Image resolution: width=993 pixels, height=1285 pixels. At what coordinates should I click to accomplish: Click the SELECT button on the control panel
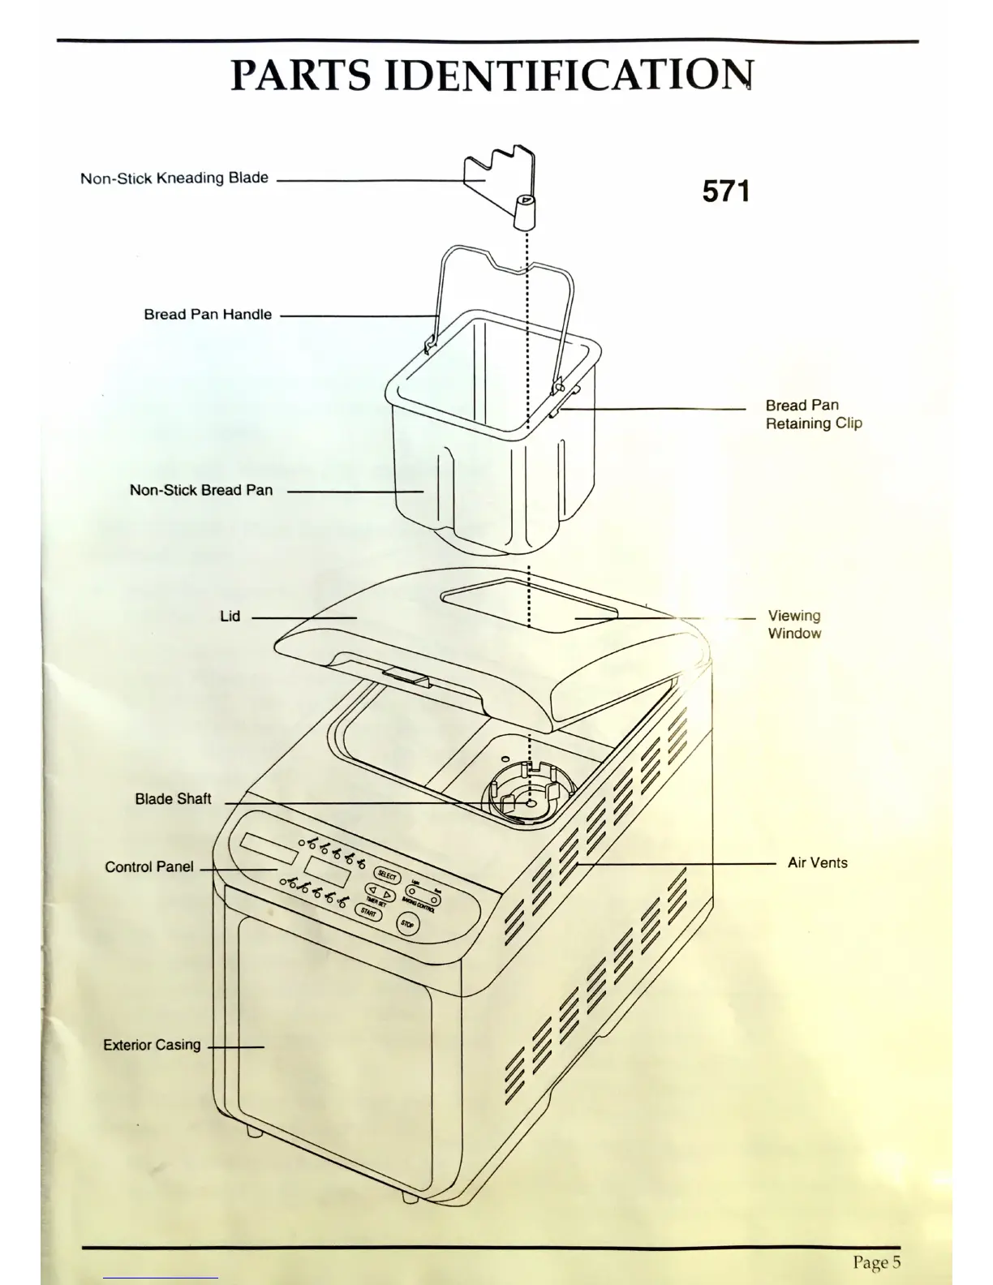[387, 876]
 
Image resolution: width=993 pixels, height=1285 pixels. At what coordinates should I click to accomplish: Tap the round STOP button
[407, 924]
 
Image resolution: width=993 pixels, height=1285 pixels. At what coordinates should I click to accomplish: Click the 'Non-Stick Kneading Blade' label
[174, 178]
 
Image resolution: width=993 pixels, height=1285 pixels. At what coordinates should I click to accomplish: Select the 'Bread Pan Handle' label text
[208, 315]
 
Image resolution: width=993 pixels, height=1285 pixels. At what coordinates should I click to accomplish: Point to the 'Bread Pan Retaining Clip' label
[813, 414]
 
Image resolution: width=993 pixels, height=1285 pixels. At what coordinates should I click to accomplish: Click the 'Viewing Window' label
[794, 625]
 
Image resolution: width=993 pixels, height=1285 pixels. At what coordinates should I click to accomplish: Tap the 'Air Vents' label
[817, 863]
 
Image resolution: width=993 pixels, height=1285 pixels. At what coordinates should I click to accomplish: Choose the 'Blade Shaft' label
[173, 799]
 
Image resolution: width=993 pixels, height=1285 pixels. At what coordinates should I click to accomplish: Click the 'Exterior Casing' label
[152, 1045]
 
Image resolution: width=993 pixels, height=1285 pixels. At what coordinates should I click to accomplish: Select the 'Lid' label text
[230, 617]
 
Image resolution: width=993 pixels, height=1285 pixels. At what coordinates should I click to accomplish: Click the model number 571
[726, 191]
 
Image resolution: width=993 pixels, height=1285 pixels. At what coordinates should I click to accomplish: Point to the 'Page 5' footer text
[876, 1262]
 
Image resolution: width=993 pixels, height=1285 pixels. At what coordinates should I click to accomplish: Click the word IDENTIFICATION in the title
[568, 75]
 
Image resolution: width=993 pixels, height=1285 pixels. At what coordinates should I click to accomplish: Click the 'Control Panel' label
[149, 867]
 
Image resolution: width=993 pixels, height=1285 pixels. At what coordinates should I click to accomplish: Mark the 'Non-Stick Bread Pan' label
[201, 490]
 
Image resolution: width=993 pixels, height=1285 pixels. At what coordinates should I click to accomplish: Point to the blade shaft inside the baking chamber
[530, 803]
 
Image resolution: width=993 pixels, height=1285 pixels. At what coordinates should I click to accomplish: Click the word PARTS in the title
[300, 75]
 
